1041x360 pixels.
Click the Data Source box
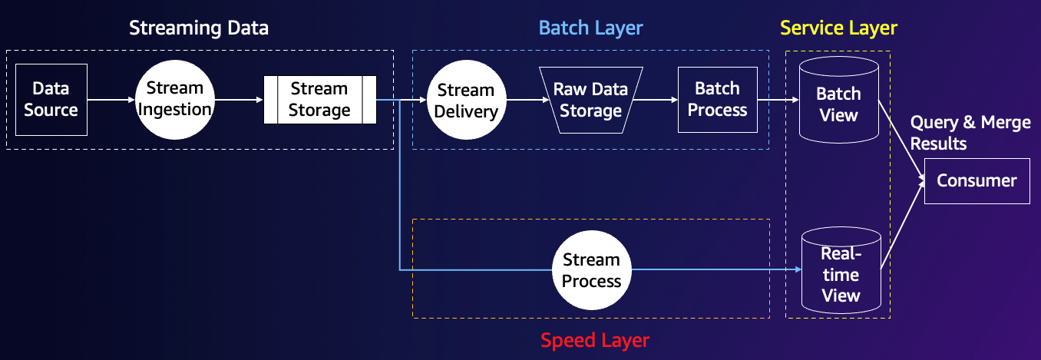[x=51, y=100]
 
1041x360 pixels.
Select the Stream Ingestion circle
[x=175, y=100]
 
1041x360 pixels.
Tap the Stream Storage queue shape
[x=319, y=100]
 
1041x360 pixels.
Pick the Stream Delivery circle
[x=466, y=100]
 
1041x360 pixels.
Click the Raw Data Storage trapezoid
[x=590, y=100]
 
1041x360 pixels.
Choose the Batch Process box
[x=718, y=100]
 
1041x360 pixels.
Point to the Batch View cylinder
[x=839, y=100]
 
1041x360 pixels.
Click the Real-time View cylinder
[x=841, y=270]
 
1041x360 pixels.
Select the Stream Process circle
[x=592, y=270]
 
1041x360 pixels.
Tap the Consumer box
[x=977, y=180]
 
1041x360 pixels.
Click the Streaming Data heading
[x=199, y=28]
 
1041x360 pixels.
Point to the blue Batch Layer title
[x=590, y=28]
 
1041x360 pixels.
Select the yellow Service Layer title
[x=838, y=28]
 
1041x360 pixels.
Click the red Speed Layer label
[x=595, y=341]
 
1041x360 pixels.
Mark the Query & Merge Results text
[x=970, y=133]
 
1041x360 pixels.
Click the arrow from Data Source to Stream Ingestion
[x=111, y=100]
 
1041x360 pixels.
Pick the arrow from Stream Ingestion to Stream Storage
[x=239, y=100]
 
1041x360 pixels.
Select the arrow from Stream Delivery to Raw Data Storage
[x=528, y=100]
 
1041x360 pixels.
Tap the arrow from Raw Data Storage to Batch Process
[x=656, y=100]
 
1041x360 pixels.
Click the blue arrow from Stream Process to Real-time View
[x=716, y=269]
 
